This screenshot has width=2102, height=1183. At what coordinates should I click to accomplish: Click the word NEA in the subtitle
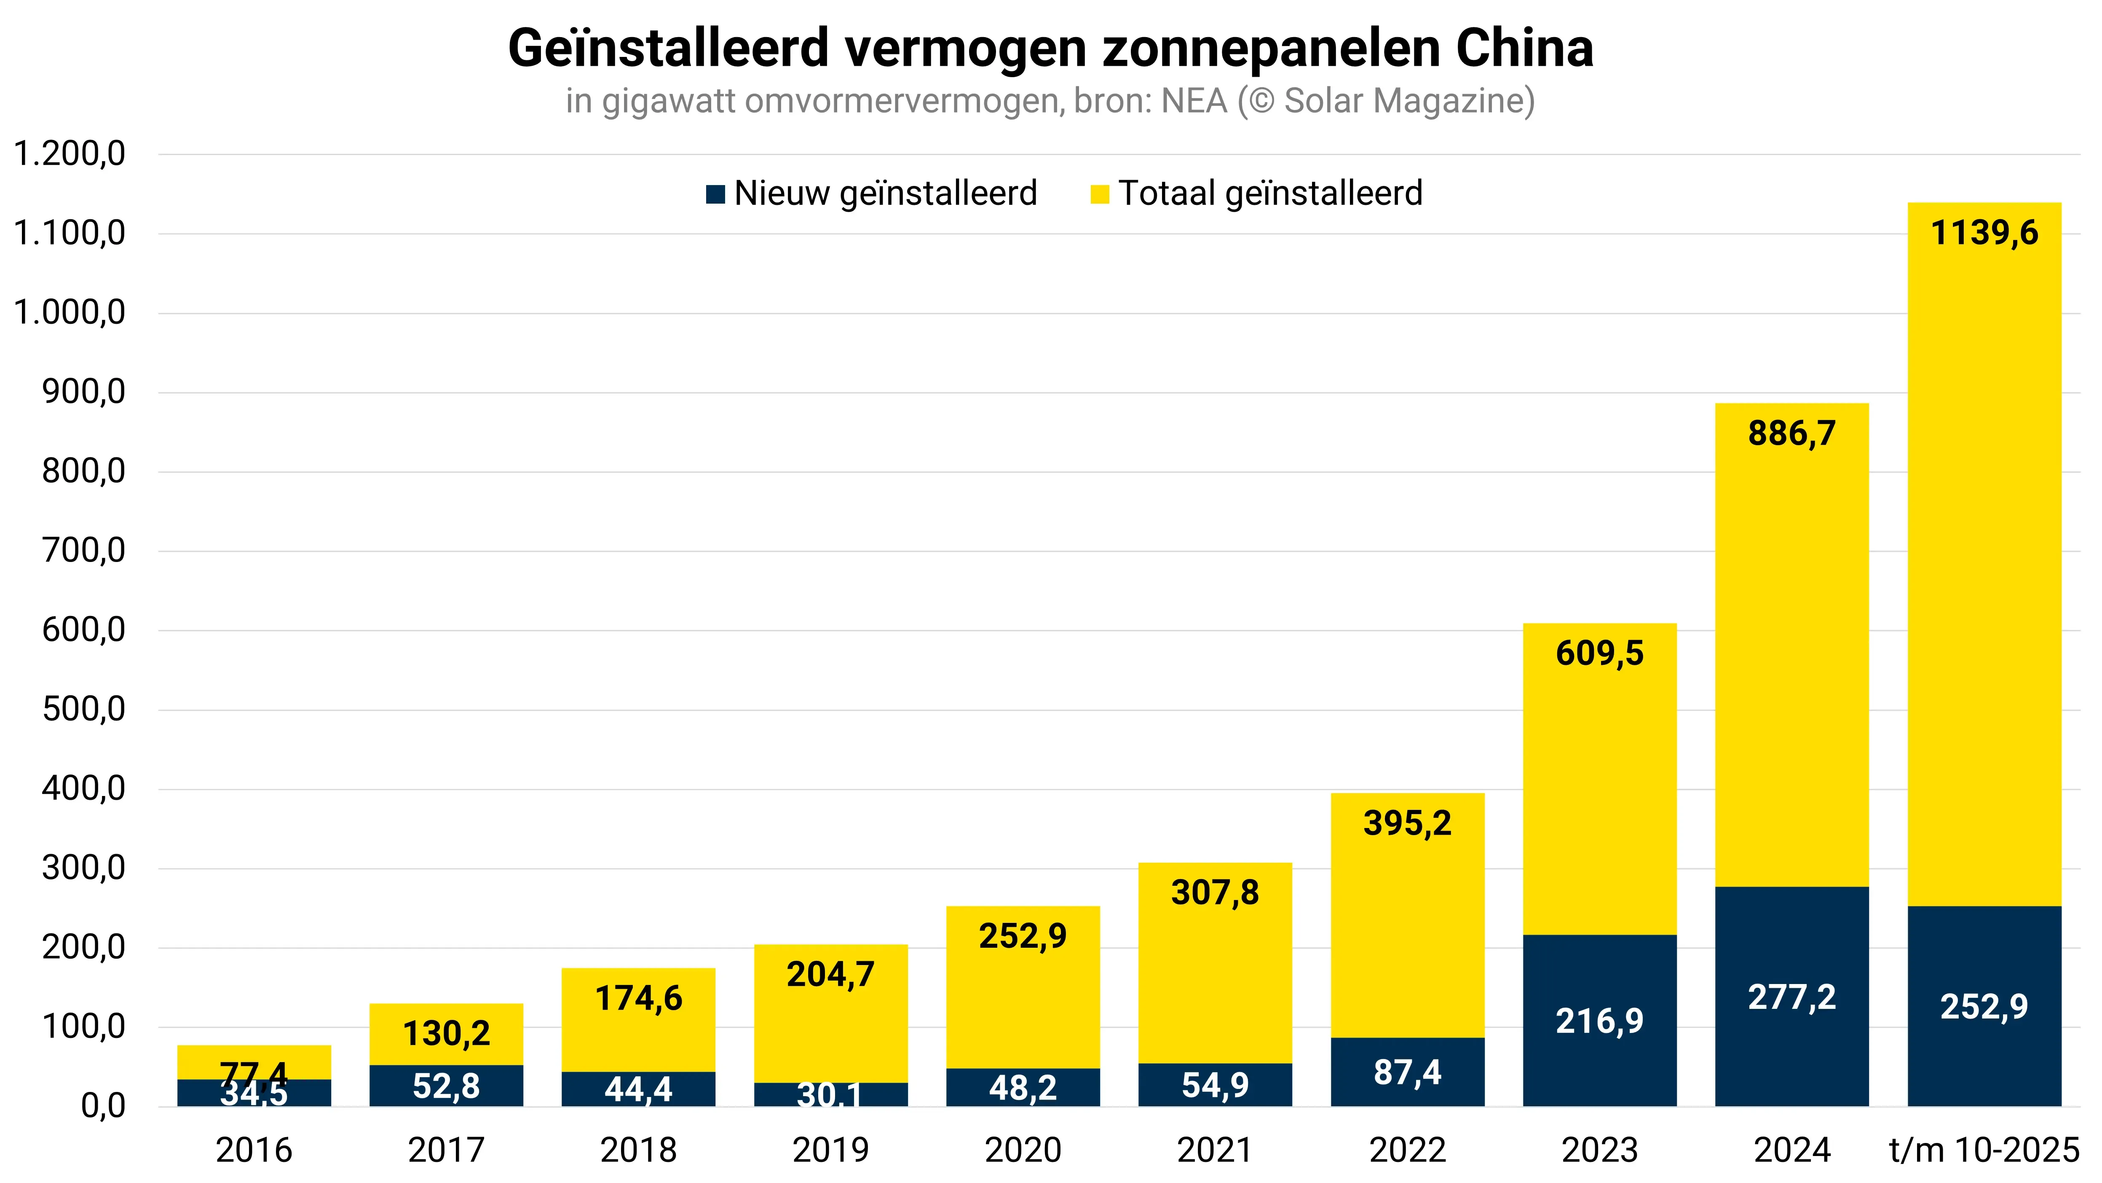(1194, 101)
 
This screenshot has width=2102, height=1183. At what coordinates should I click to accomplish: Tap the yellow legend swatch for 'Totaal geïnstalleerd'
(1099, 194)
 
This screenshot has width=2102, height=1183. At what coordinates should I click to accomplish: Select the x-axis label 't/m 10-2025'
(1984, 1151)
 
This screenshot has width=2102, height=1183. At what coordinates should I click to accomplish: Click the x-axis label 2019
(831, 1151)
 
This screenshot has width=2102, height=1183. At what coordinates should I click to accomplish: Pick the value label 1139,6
(1984, 234)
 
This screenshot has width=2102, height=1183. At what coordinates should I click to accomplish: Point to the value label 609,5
(1599, 653)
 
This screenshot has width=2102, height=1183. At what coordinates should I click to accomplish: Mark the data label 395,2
(1408, 823)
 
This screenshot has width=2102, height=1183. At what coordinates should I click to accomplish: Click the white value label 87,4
(1408, 1072)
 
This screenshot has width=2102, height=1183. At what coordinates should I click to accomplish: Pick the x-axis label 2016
(254, 1151)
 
